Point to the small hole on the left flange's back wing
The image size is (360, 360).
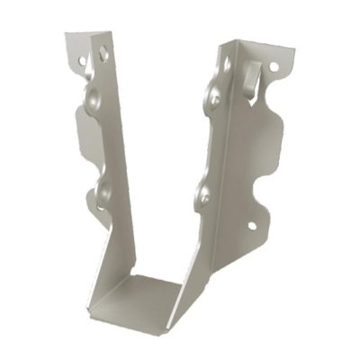tap(82, 64)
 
